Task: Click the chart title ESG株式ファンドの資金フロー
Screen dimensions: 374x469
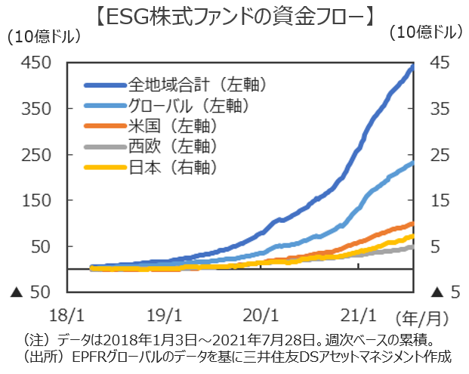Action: click(235, 14)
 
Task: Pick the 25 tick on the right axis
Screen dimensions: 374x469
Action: click(439, 155)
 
